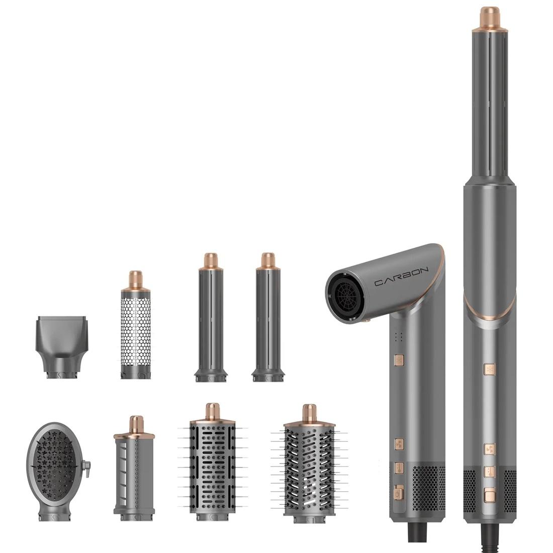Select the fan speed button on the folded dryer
399,444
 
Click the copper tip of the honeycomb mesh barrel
136,278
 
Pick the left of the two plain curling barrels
210,322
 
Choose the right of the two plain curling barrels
268,322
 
